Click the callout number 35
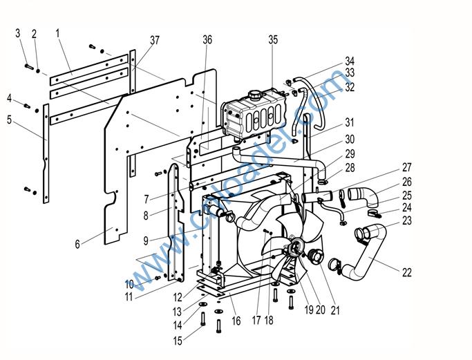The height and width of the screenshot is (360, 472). tap(273, 40)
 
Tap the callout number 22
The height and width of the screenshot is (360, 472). tap(407, 273)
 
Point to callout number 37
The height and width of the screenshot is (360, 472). tap(155, 41)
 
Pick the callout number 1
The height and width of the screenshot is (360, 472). tap(58, 32)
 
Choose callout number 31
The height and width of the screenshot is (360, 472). tap(350, 122)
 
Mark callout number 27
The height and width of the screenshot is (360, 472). tap(406, 167)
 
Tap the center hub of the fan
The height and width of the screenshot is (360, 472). tap(294, 245)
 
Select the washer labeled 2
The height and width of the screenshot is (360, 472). tap(39, 70)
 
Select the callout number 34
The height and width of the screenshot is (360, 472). tap(350, 61)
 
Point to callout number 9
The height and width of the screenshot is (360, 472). tap(147, 240)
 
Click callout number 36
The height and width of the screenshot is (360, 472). tap(207, 40)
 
